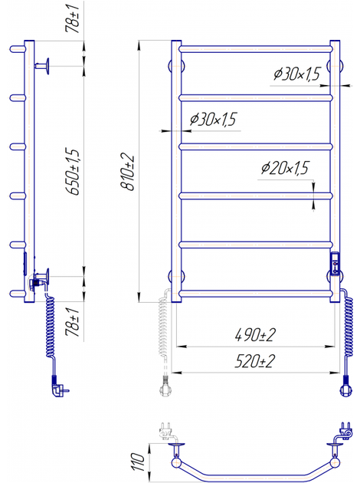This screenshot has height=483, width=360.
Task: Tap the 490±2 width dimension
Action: pyautogui.click(x=255, y=335)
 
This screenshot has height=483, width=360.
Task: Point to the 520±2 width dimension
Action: pyautogui.click(x=254, y=361)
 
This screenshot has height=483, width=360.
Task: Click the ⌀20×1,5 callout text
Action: pyautogui.click(x=285, y=168)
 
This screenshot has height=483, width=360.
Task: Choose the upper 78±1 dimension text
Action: pyautogui.click(x=73, y=17)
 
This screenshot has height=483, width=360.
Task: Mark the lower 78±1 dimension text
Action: pyautogui.click(x=73, y=321)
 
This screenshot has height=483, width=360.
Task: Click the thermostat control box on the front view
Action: pyautogui.click(x=335, y=263)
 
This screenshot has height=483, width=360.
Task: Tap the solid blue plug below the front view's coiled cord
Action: pyautogui.click(x=346, y=386)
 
